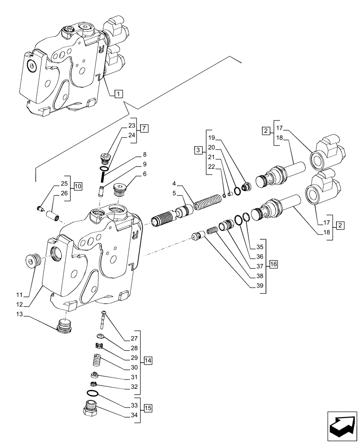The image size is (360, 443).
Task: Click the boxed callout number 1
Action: (118, 93)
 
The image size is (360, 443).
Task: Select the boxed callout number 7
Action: (145, 129)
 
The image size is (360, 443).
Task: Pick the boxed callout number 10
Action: (78, 186)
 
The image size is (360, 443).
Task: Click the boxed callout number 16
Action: (273, 264)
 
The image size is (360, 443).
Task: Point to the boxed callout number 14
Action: (148, 361)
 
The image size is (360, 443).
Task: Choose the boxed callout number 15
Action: (148, 408)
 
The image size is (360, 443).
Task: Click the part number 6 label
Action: (145, 175)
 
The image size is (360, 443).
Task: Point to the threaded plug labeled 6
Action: (120, 189)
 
